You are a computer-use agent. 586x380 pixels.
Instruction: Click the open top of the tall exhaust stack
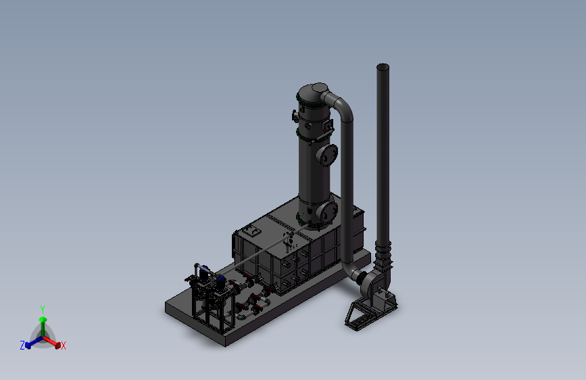tap(383, 68)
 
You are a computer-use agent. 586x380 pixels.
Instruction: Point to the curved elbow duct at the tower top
tap(341, 104)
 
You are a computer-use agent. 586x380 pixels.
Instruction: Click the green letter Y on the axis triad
tap(43, 310)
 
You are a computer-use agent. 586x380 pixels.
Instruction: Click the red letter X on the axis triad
tap(63, 346)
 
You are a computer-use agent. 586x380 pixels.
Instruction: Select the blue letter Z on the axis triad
tap(22, 346)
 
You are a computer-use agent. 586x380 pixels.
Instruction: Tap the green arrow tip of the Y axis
tap(43, 319)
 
